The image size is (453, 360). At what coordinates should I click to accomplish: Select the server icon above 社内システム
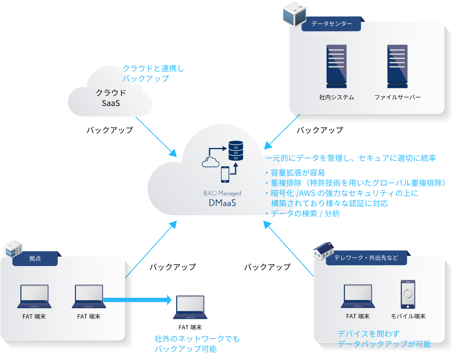click(x=336, y=66)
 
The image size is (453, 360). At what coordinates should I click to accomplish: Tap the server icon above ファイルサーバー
click(x=397, y=66)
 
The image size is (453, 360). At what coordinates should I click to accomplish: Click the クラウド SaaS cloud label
click(x=111, y=97)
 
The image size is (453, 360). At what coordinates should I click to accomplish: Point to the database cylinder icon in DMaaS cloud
click(x=236, y=151)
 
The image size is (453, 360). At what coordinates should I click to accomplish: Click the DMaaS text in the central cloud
click(x=222, y=203)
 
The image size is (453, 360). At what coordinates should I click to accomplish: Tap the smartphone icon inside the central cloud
click(x=225, y=174)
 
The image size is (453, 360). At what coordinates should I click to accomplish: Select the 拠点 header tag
click(x=35, y=259)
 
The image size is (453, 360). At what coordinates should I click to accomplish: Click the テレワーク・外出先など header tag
click(x=366, y=258)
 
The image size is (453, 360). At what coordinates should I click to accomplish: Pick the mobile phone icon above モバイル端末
click(x=408, y=294)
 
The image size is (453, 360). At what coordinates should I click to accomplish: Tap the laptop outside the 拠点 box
click(x=190, y=307)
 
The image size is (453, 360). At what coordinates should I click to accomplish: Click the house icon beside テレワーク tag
click(x=324, y=250)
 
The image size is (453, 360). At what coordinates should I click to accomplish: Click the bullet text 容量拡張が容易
click(x=297, y=173)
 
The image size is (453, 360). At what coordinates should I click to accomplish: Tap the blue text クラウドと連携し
click(x=153, y=68)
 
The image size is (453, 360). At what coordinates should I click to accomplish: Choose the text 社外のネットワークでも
click(x=197, y=339)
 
